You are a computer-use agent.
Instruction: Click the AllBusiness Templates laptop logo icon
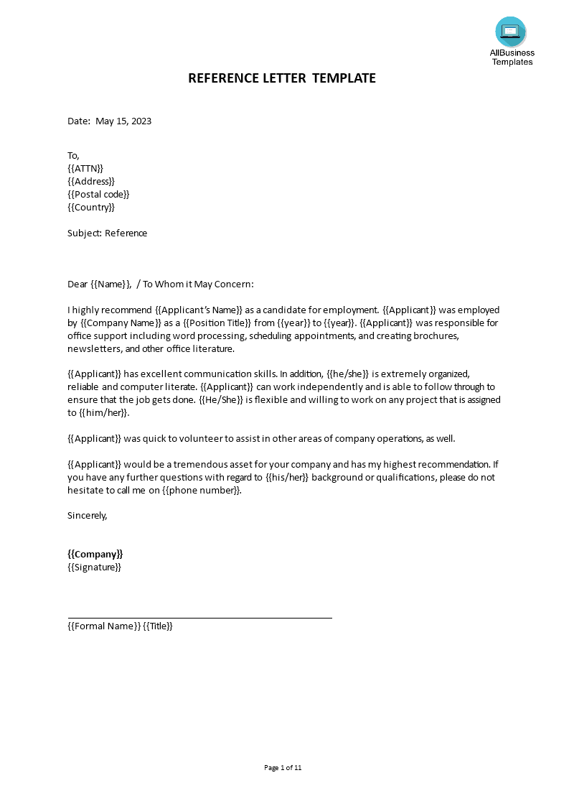[510, 32]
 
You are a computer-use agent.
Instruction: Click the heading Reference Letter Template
[281, 78]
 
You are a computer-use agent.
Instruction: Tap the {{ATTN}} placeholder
[85, 168]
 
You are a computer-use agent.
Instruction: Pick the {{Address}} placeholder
[91, 181]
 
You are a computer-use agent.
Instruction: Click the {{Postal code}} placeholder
[98, 194]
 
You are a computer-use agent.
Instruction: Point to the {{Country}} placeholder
[91, 207]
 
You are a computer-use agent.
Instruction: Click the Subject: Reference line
[107, 233]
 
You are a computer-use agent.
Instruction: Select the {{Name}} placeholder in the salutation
[110, 284]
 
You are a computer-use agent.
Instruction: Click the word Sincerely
[87, 514]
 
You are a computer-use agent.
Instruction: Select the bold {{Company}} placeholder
[95, 554]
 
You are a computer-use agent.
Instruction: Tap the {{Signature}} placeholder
[94, 567]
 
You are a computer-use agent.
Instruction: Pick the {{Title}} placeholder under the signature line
[158, 626]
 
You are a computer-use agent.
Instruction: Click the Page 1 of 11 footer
[283, 767]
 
